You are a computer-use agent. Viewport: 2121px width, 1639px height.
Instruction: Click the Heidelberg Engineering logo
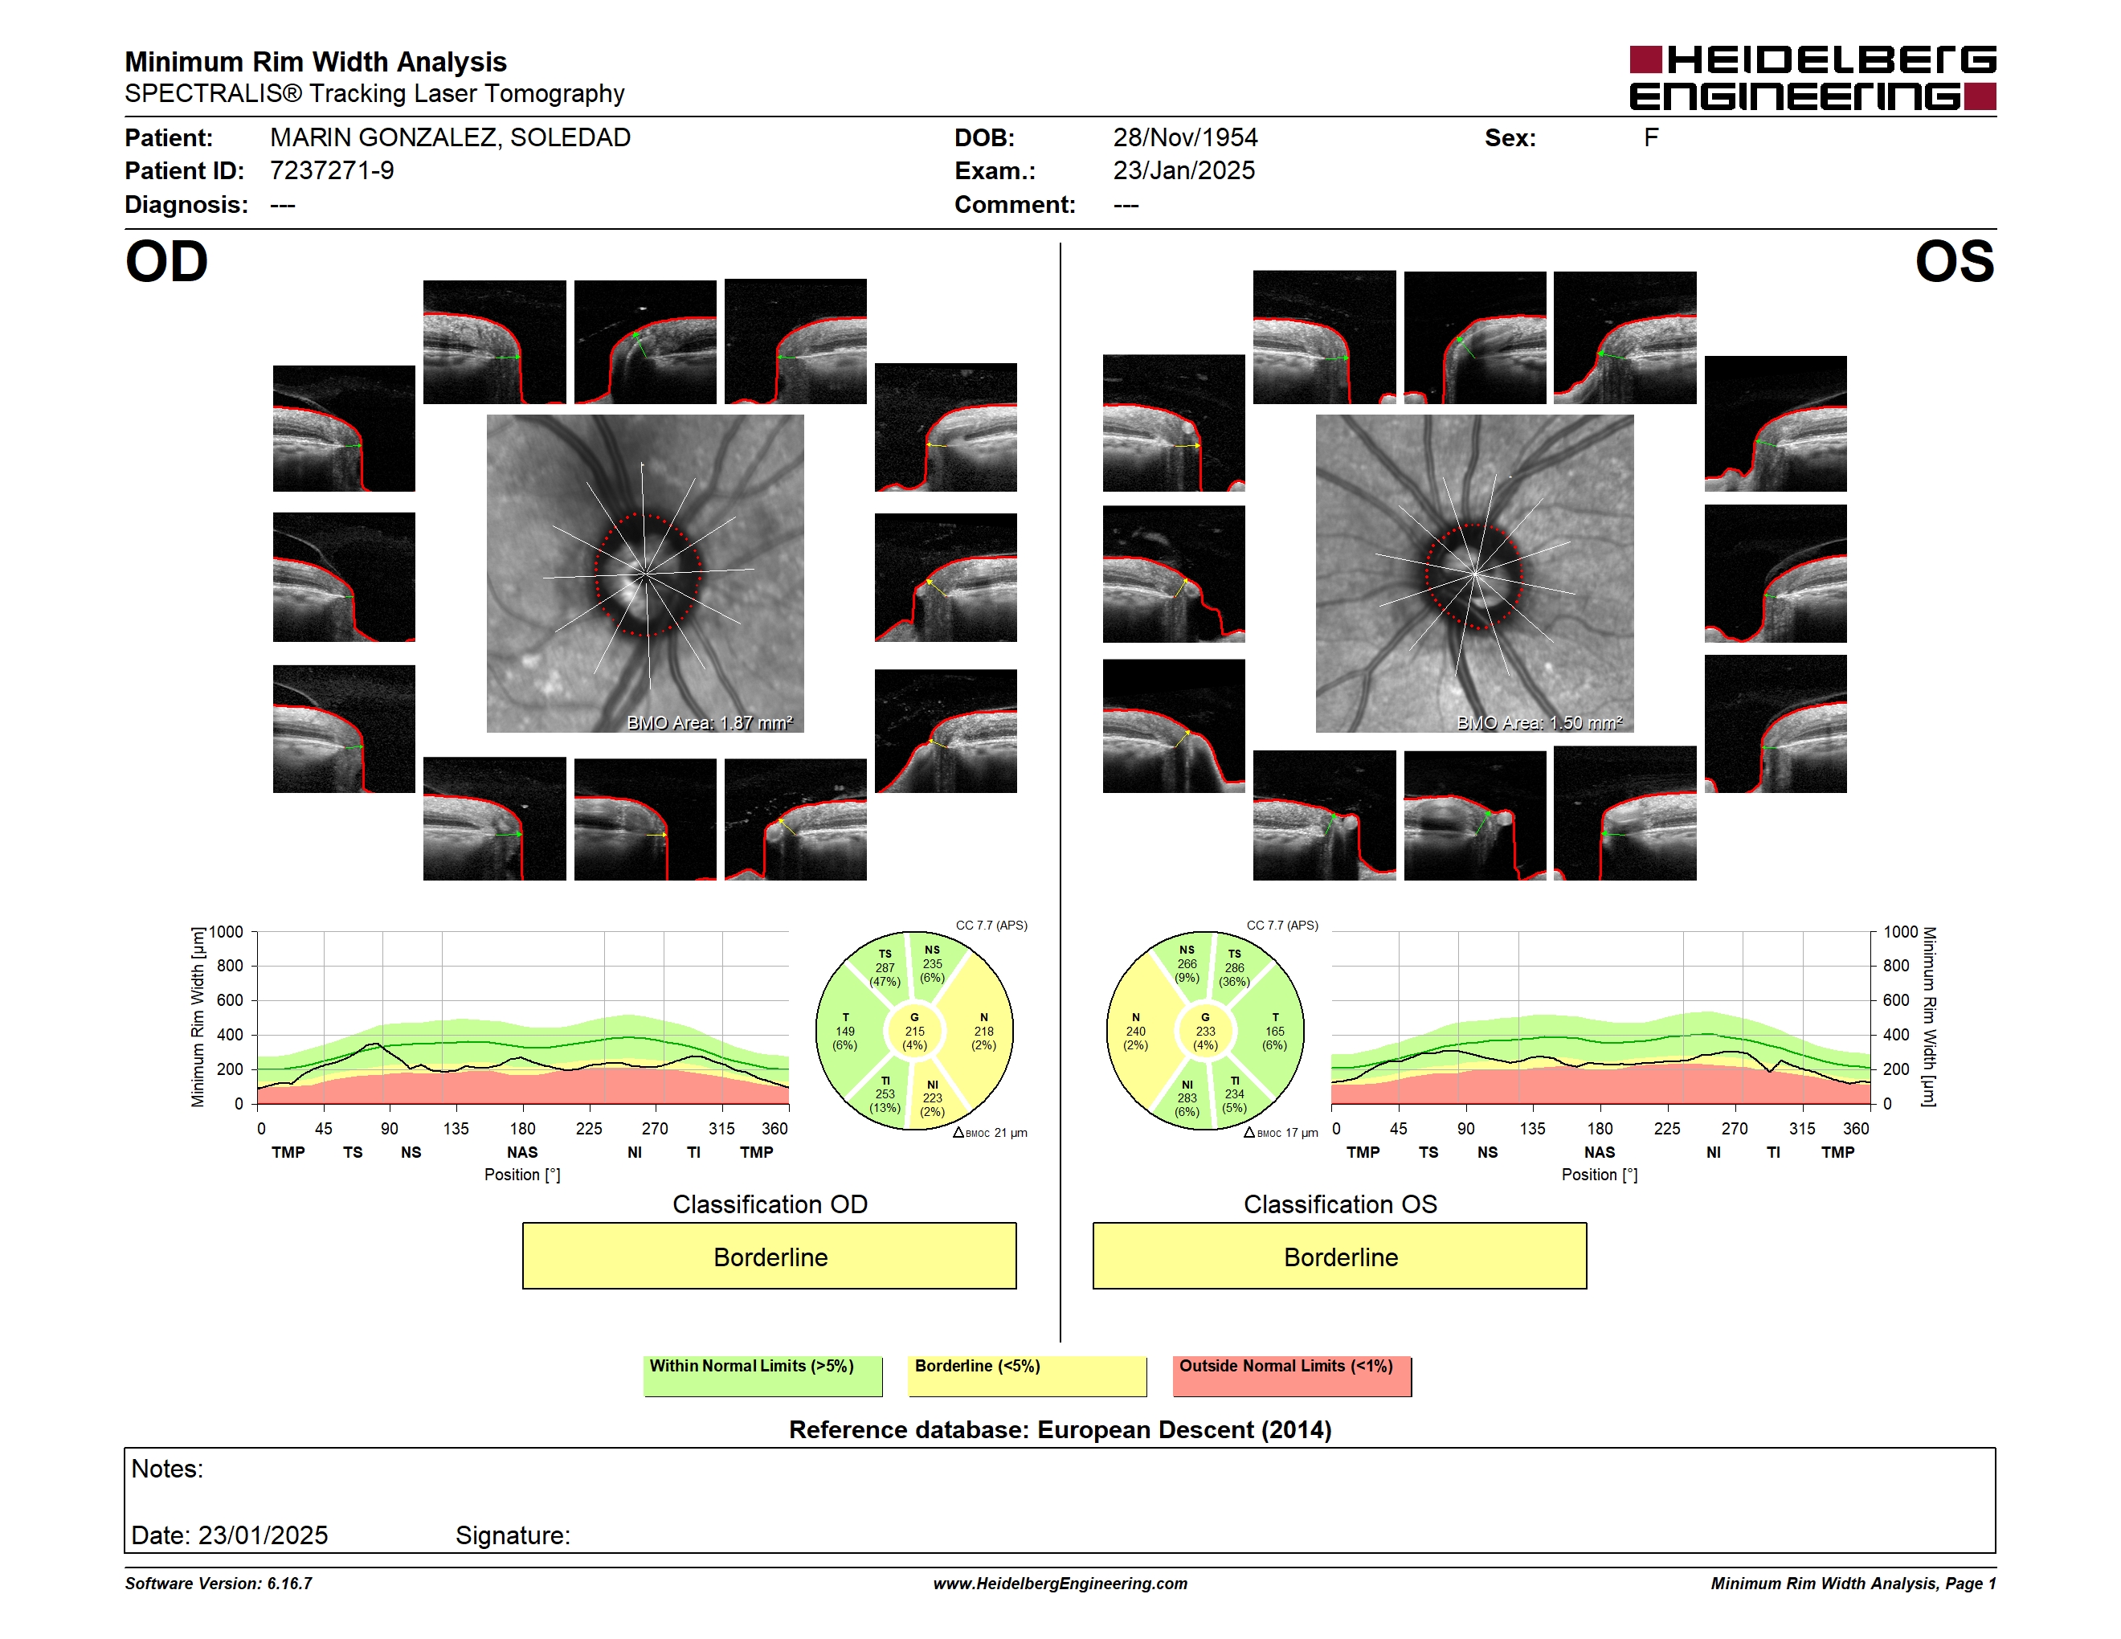[x=1812, y=78]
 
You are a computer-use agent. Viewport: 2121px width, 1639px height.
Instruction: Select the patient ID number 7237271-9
[x=332, y=171]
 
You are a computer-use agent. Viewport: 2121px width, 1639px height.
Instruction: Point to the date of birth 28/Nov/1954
[x=1185, y=138]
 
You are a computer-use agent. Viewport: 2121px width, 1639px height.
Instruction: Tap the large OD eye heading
[x=167, y=261]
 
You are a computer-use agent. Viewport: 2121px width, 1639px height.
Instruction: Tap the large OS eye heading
[x=1954, y=261]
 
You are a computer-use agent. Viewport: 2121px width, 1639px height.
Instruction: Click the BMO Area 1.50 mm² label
[x=1539, y=722]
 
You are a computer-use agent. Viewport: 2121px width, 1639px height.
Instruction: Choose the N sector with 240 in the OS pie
[x=1135, y=1031]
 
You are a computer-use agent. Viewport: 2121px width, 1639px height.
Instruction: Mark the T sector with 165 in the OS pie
[x=1275, y=1031]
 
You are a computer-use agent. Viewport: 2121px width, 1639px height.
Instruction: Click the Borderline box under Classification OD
[x=769, y=1257]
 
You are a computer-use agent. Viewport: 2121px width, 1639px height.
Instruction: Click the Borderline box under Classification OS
[x=1340, y=1257]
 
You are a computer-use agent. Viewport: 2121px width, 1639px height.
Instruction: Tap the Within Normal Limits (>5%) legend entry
[x=762, y=1375]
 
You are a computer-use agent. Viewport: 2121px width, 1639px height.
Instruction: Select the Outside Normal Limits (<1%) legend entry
[x=1292, y=1375]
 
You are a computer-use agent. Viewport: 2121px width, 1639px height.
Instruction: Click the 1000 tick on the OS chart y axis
[x=1901, y=932]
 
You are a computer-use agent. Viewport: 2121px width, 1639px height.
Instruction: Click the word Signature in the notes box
[x=513, y=1535]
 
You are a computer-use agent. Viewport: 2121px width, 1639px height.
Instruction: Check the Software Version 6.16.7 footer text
[x=219, y=1584]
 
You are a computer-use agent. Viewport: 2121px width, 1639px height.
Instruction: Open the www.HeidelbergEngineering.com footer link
[x=1060, y=1584]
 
